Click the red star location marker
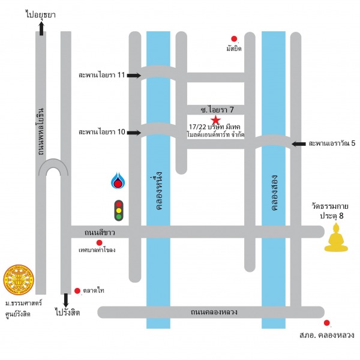[215, 121]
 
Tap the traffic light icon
[118, 210]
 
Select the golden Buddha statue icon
[336, 238]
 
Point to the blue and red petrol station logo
[118, 181]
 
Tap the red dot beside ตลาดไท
[77, 291]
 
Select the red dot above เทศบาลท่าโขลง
[99, 242]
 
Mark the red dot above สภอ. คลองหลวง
[327, 323]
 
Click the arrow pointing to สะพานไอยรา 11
[133, 76]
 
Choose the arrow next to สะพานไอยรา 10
[133, 131]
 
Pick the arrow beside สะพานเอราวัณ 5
[298, 144]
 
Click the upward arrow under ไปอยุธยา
[41, 28]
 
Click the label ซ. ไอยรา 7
[217, 109]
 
